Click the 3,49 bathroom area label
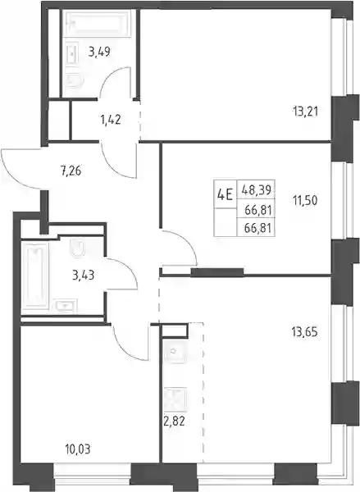point(99,52)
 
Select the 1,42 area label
point(111,120)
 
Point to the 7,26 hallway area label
point(71,171)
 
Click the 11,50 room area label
point(305,200)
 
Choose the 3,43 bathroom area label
point(83,276)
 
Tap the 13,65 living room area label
point(305,331)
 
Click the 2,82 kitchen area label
point(174,421)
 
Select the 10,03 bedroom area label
point(78,449)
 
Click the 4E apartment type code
point(225,195)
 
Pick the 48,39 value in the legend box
point(257,189)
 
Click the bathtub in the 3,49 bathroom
point(97,24)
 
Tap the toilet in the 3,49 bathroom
point(75,81)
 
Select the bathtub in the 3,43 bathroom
point(35,277)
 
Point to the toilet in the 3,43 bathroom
point(78,248)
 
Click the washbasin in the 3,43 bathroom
point(66,306)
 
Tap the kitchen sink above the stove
point(175,352)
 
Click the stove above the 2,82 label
point(175,399)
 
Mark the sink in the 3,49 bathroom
point(72,56)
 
